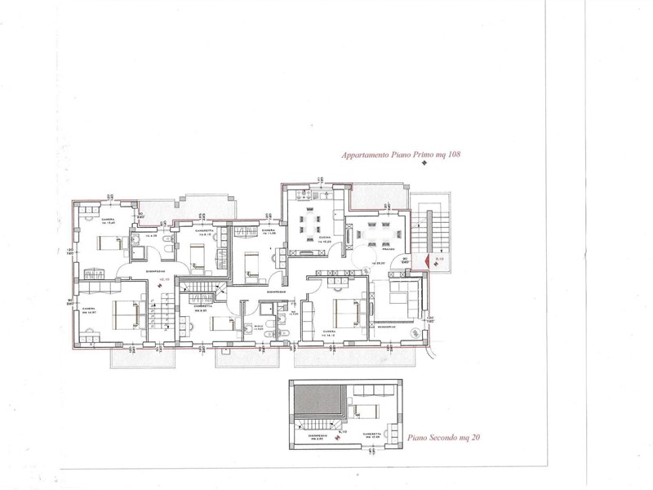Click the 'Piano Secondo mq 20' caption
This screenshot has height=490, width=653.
click(x=442, y=439)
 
